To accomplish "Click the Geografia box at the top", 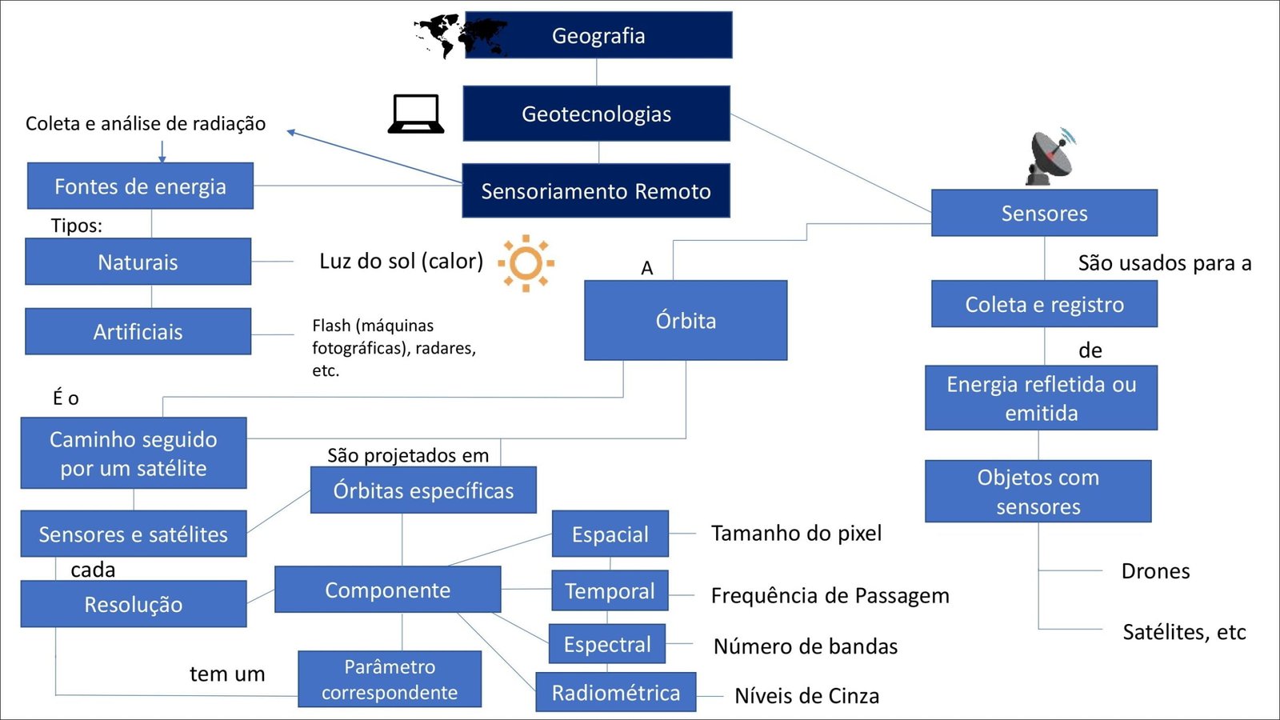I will click(598, 35).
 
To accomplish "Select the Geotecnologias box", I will click(596, 114).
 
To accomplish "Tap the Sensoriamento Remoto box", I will click(596, 191).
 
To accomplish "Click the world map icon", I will click(452, 35).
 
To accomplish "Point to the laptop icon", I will click(416, 114).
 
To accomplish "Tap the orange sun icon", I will click(526, 262).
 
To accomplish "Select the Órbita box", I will click(686, 320).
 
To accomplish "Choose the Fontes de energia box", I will click(140, 186).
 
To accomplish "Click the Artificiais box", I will click(138, 331).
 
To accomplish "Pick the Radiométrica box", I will click(615, 692).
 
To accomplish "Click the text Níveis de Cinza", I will click(806, 696).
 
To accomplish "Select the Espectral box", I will click(607, 644).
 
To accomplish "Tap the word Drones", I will click(1155, 571).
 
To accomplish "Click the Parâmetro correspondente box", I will click(390, 679).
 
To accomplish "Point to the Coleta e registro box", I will click(1044, 304).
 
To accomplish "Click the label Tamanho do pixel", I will click(796, 534).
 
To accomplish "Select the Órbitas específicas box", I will click(423, 490).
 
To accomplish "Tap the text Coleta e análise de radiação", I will click(146, 123).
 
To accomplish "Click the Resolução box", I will click(134, 604).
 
